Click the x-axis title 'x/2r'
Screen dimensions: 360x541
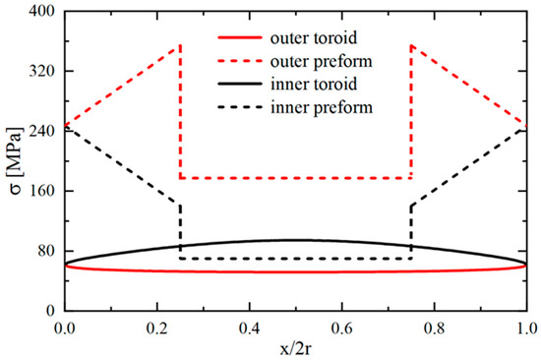(x=295, y=346)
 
